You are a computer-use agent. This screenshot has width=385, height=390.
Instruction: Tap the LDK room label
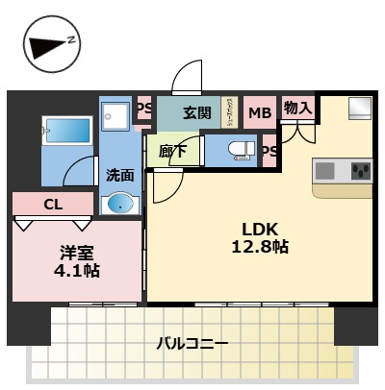[x=260, y=230]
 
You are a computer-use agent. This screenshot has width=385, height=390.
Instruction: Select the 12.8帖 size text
[x=260, y=248]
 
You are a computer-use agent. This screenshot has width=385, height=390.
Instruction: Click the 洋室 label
[x=78, y=253]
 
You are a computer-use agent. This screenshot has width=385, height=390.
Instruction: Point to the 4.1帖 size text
[x=78, y=271]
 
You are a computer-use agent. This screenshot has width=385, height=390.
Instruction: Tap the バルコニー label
[x=192, y=343]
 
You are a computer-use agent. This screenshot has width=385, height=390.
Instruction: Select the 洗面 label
[x=120, y=176]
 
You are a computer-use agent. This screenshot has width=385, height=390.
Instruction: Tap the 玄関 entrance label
[x=197, y=112]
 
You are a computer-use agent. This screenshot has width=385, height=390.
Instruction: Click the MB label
[x=260, y=113]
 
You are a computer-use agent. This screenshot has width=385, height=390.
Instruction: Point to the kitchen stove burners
[x=361, y=172]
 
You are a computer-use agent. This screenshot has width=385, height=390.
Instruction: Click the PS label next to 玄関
[x=144, y=110]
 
